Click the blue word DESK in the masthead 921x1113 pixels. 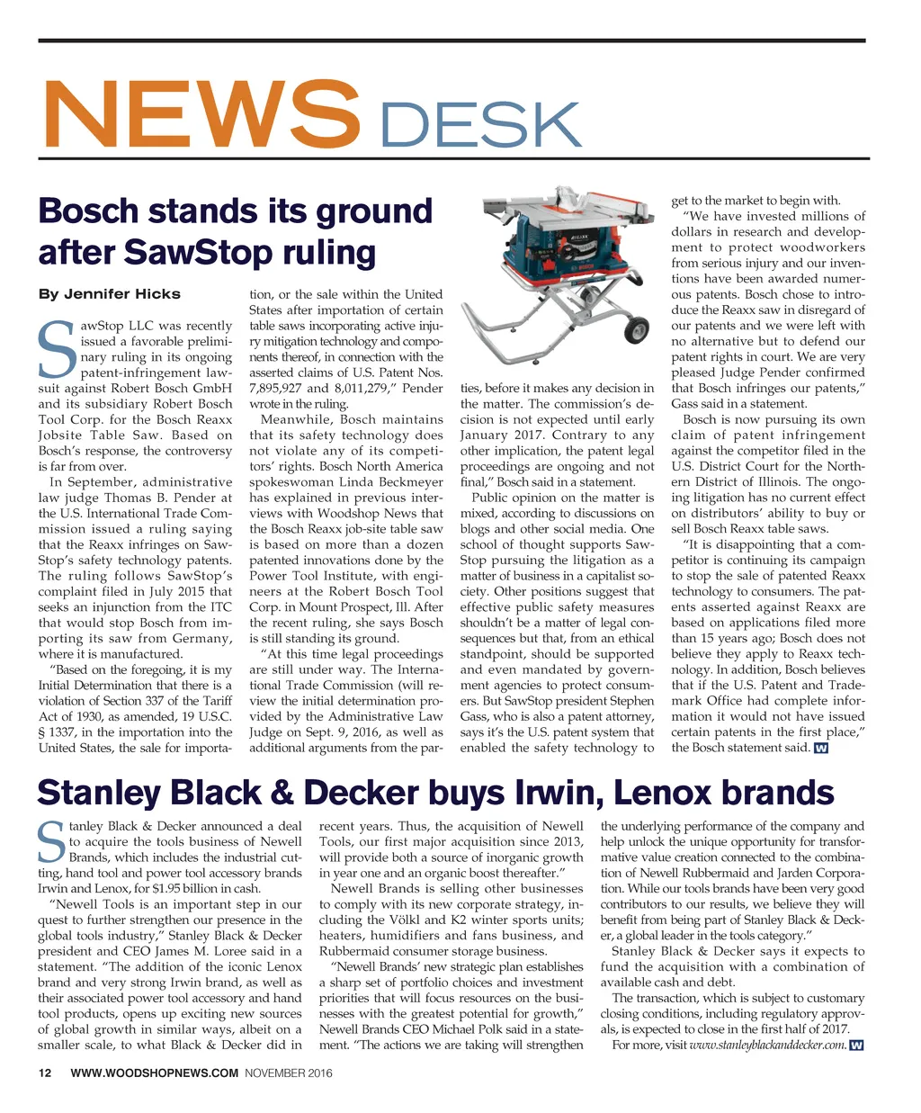(477, 125)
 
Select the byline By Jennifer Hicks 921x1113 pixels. (109, 294)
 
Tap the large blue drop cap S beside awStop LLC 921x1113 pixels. (54, 349)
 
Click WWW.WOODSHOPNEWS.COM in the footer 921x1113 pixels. (154, 1073)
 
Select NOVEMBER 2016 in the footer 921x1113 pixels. (289, 1073)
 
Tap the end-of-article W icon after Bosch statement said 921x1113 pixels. (819, 749)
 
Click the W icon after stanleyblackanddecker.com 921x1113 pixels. (856, 1046)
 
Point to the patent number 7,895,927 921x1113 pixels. (278, 389)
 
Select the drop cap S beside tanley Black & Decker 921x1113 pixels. (51, 841)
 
